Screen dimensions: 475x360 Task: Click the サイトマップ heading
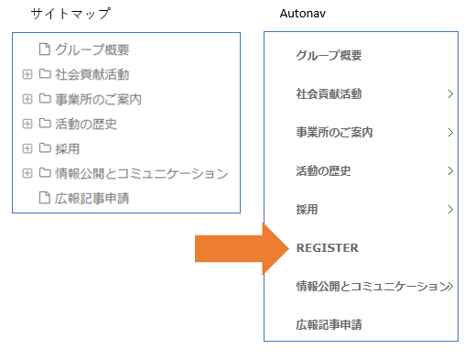[70, 14]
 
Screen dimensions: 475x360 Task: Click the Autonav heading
[303, 14]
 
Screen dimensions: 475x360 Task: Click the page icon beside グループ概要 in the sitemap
[45, 49]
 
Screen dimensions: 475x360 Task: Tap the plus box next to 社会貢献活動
[27, 74]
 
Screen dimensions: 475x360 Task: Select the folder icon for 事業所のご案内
[45, 99]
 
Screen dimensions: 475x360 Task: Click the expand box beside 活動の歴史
[27, 124]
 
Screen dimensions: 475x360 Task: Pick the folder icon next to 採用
[45, 148]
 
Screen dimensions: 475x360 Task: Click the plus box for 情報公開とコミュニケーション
[27, 173]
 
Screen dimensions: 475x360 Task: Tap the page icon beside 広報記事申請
[45, 198]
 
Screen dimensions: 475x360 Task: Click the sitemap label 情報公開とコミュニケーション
[142, 173]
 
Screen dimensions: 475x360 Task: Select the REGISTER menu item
[328, 248]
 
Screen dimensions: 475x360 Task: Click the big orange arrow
[242, 248]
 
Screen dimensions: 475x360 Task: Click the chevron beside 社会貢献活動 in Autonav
[450, 94]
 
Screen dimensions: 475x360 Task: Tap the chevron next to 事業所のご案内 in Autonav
[450, 133]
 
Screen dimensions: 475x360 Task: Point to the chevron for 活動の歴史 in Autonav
[450, 171]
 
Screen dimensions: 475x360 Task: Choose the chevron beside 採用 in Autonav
[450, 210]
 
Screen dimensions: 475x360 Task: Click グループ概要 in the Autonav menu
[329, 56]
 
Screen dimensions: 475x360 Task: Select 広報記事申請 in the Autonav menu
[329, 324]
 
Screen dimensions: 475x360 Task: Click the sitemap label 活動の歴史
[86, 124]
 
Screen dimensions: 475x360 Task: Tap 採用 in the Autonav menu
[307, 210]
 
